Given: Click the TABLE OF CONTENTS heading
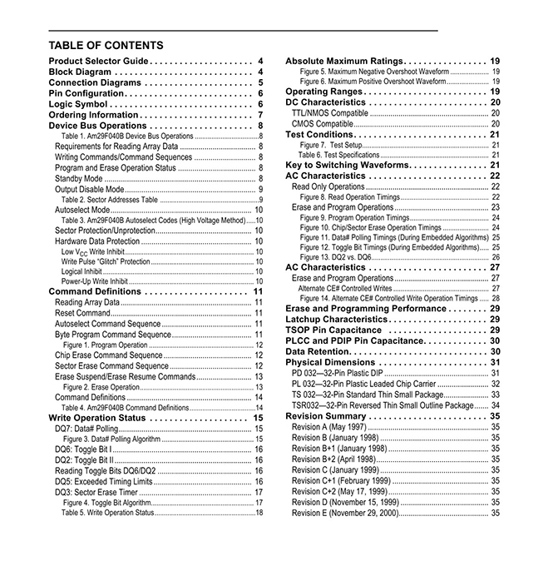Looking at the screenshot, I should pyautogui.click(x=106, y=46).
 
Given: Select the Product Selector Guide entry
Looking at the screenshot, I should pyautogui.click(x=98, y=62).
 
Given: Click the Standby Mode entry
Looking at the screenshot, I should pyautogui.click(x=79, y=178).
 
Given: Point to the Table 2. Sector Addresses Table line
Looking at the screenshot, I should pyautogui.click(x=109, y=200).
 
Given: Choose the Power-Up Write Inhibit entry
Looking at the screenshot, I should pyautogui.click(x=94, y=281).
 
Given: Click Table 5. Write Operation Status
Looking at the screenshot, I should pyautogui.click(x=107, y=513).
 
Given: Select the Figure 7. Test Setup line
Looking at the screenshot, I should pyautogui.click(x=330, y=145).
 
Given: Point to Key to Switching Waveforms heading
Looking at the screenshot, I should pyautogui.click(x=348, y=166).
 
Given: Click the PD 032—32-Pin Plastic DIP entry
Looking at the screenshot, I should pyautogui.click(x=337, y=373).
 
